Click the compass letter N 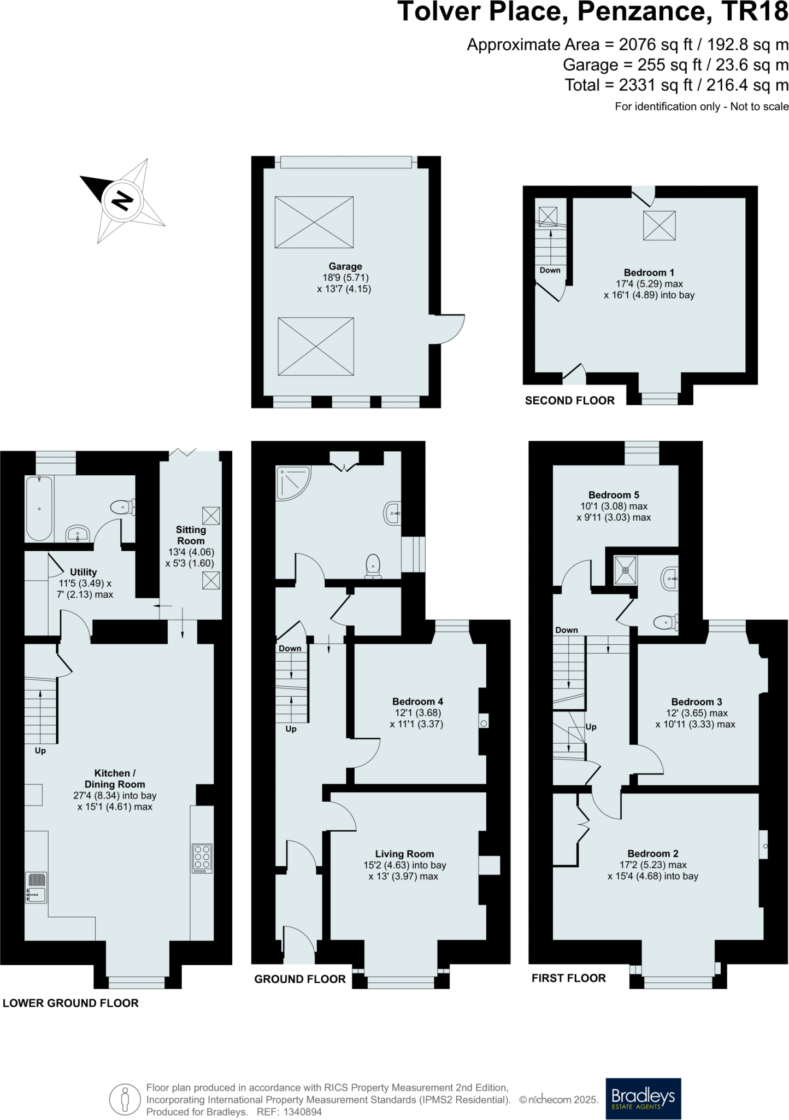[x=122, y=201]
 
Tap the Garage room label [x=345, y=266]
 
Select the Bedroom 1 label [x=649, y=272]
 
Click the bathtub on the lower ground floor [x=39, y=509]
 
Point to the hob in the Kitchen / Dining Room [x=202, y=858]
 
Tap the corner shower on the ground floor [x=293, y=483]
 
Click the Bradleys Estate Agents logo [x=643, y=1099]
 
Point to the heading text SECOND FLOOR [x=569, y=401]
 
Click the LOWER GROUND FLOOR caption [x=70, y=1003]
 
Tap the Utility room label [x=83, y=572]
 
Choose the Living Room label [x=404, y=854]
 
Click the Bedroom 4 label [x=417, y=702]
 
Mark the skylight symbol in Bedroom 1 [x=659, y=225]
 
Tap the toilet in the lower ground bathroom [x=122, y=507]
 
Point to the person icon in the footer [x=125, y=1099]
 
